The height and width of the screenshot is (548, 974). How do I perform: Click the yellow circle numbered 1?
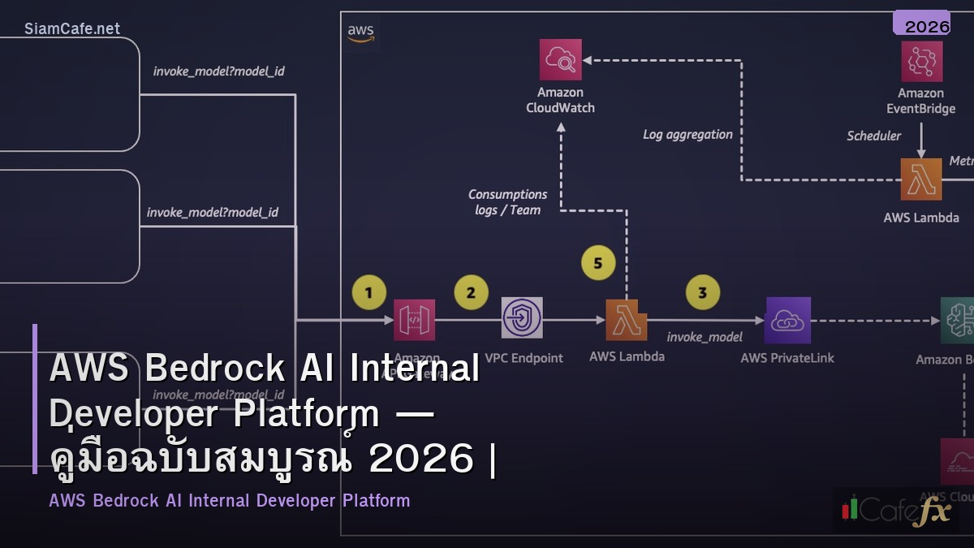click(x=370, y=292)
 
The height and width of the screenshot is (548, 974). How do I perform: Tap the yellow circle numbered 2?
click(x=472, y=292)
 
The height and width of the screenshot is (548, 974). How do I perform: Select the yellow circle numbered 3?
click(x=703, y=292)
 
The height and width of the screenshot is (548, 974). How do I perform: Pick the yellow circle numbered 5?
click(x=599, y=263)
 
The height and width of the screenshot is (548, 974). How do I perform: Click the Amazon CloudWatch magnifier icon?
click(x=560, y=59)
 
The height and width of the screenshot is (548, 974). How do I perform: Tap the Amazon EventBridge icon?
click(x=921, y=62)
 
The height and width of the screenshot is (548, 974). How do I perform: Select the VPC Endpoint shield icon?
click(x=522, y=317)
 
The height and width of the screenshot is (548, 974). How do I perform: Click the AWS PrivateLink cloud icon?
click(x=787, y=320)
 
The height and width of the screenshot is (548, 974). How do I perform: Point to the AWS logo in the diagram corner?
click(x=360, y=32)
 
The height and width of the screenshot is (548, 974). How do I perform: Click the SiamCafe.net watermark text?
click(x=72, y=28)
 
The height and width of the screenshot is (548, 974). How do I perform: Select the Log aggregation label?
click(x=687, y=135)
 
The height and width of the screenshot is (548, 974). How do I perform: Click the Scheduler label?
click(x=873, y=136)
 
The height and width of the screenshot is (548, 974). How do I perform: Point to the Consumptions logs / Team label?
click(x=507, y=202)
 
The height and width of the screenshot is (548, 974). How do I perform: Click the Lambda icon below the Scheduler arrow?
click(x=921, y=179)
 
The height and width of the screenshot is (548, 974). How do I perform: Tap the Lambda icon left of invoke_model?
click(x=626, y=320)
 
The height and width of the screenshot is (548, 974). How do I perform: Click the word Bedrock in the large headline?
click(x=214, y=368)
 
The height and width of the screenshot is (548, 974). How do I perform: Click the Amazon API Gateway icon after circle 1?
click(x=414, y=320)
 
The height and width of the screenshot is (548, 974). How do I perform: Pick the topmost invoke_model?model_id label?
click(x=218, y=71)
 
